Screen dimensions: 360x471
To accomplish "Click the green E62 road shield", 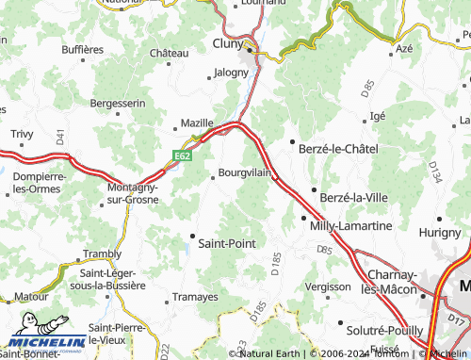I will click(x=183, y=154).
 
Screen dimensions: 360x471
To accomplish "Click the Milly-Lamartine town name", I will click(x=350, y=226).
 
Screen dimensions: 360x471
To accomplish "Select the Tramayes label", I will click(x=196, y=297).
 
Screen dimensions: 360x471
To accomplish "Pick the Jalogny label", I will click(x=231, y=72).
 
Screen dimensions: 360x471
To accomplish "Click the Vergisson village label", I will click(x=329, y=286).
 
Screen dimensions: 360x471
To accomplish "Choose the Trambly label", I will click(x=103, y=254).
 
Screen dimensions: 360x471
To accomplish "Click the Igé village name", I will click(x=378, y=115).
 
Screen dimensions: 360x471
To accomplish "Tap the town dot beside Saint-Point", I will click(x=192, y=236).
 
